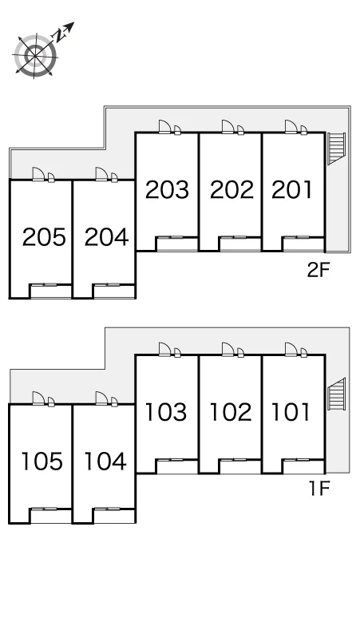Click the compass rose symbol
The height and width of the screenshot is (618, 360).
35,56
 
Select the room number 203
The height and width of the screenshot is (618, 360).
167,189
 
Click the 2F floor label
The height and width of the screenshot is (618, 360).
318,270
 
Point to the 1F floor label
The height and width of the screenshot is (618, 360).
319,489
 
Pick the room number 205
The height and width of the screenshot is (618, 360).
44,237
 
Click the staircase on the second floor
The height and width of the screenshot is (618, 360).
337,149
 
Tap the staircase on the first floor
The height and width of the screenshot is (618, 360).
337,394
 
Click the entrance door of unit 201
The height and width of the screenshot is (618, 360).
291,127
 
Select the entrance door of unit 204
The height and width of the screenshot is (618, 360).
102,174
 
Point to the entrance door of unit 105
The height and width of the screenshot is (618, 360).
39,398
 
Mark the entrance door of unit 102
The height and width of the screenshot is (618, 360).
228,349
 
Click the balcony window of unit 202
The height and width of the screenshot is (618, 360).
233,237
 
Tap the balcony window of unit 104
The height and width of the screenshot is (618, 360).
107,509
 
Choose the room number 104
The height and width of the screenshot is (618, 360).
105,462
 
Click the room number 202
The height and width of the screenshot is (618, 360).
231,189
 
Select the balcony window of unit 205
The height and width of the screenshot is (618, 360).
44,284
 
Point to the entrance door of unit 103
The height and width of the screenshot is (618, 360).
165,349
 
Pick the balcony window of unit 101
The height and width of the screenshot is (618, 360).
296,460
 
